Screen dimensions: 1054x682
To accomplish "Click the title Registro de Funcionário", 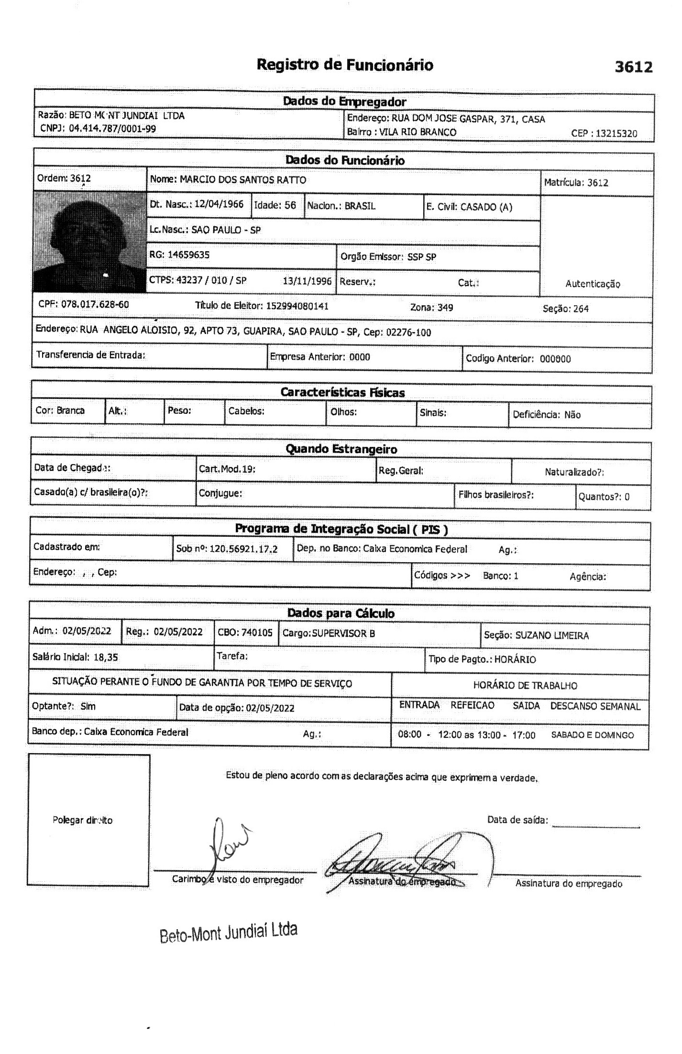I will (344, 65).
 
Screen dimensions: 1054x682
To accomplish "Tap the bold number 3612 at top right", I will (633, 67).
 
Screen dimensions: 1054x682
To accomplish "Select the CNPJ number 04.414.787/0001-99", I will (112, 128).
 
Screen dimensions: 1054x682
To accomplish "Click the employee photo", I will (89, 242).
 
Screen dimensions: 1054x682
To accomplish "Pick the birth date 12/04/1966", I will (219, 204).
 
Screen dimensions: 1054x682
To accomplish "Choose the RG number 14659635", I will (188, 255).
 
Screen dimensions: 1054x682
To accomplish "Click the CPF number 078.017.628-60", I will (95, 304).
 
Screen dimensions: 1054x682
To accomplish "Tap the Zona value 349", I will (445, 308).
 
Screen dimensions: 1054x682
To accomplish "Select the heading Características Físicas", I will (342, 393).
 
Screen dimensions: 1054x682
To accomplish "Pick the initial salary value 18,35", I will (106, 657).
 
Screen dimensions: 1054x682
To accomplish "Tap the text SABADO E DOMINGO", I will (592, 735).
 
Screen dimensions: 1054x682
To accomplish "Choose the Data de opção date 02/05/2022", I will (270, 708).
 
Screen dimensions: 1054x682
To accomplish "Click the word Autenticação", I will (593, 284).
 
